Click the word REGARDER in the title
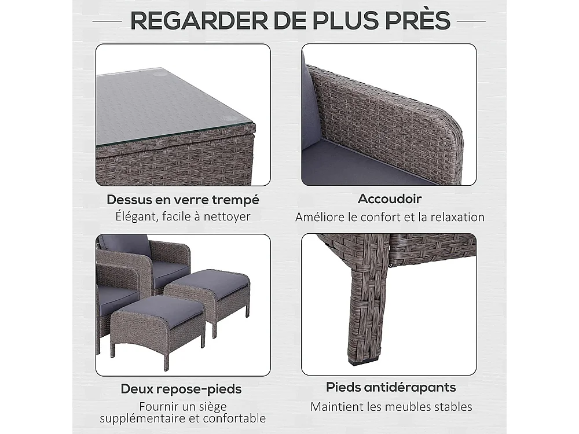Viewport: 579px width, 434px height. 194,21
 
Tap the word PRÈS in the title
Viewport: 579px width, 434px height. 415,21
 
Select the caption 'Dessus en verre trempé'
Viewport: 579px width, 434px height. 183,200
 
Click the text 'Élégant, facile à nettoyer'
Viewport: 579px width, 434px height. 183,217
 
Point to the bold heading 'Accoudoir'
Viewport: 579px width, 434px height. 390,198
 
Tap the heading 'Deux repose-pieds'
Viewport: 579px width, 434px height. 181,389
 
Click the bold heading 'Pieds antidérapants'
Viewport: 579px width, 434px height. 391,387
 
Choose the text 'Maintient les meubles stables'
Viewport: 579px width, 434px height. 391,406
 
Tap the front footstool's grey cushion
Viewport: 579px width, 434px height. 157,306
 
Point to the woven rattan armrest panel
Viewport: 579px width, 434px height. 388,110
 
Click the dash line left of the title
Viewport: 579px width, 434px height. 110,21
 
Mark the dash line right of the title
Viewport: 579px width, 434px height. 471,21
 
